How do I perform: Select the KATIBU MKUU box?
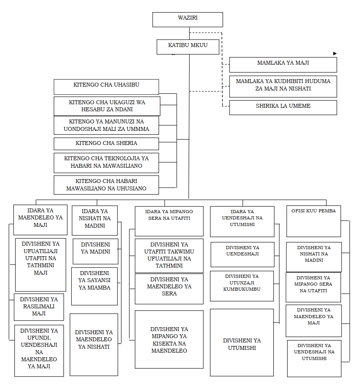click(x=188, y=46)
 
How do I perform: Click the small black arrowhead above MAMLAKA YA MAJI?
click(x=335, y=53)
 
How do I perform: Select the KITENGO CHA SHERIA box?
click(x=106, y=143)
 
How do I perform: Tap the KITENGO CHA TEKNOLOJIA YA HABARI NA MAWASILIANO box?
click(x=106, y=162)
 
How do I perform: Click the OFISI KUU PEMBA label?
click(x=313, y=211)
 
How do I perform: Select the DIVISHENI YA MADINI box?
click(x=95, y=251)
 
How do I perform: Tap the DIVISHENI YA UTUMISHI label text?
click(x=242, y=344)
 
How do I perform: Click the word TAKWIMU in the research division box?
click(x=181, y=252)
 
